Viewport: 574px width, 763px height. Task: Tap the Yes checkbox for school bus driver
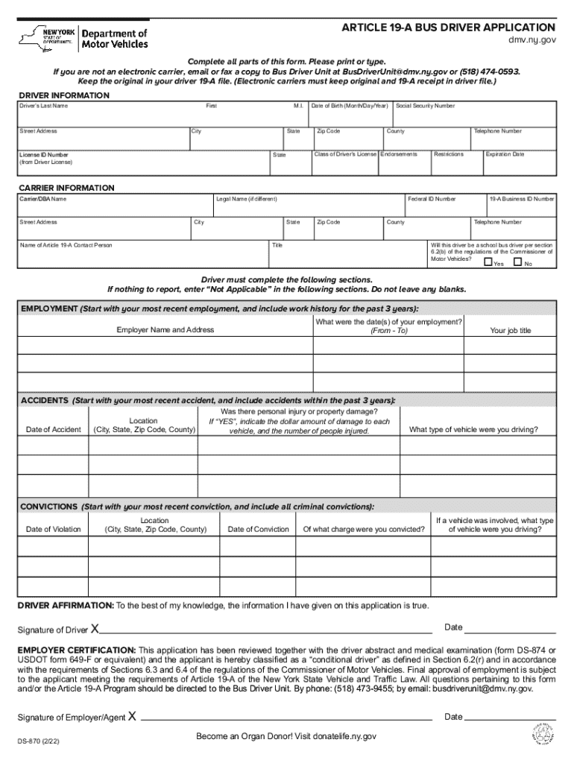488,262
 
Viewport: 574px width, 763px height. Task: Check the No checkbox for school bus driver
517,262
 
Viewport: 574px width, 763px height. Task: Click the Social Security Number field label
426,106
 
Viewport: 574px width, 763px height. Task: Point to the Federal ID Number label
432,199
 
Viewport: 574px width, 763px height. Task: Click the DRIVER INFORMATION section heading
63,95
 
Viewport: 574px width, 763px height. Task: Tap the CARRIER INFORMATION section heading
66,188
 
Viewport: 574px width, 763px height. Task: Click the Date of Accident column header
54,429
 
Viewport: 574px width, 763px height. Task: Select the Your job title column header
510,330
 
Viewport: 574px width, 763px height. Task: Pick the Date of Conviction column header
258,529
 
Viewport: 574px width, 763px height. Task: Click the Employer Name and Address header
165,329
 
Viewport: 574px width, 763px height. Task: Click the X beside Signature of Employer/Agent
132,717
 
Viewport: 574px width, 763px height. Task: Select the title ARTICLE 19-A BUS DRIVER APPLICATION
448,28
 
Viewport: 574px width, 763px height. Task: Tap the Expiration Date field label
505,154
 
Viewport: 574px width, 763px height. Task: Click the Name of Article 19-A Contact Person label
66,245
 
